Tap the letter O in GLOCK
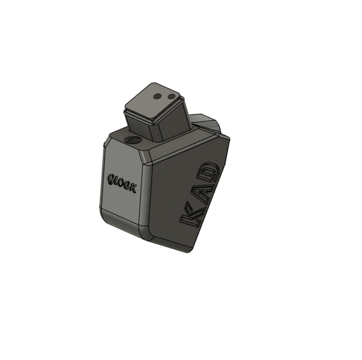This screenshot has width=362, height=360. pos(121,183)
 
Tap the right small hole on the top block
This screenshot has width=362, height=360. pos(172,96)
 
